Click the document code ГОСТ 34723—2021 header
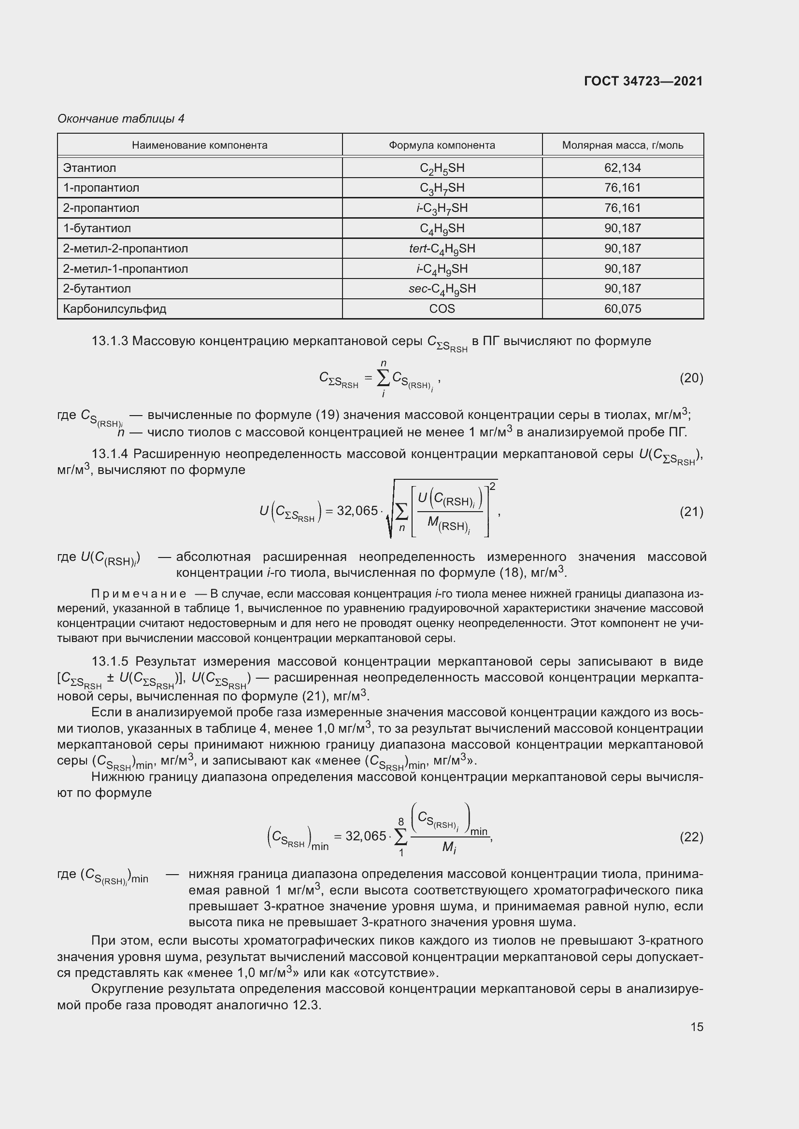pos(643,81)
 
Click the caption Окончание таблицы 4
pos(121,119)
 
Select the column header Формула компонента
pos(442,145)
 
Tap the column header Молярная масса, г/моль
pos(622,145)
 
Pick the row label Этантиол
pos(89,167)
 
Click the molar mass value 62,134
pos(622,167)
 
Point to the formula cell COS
pos(442,309)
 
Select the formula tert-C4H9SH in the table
pos(442,249)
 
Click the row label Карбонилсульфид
pos(114,309)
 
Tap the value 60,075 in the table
pos(622,309)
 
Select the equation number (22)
pos(691,836)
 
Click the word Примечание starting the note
pos(139,594)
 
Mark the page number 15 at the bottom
pos(697,1027)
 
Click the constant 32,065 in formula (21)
pos(357,511)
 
